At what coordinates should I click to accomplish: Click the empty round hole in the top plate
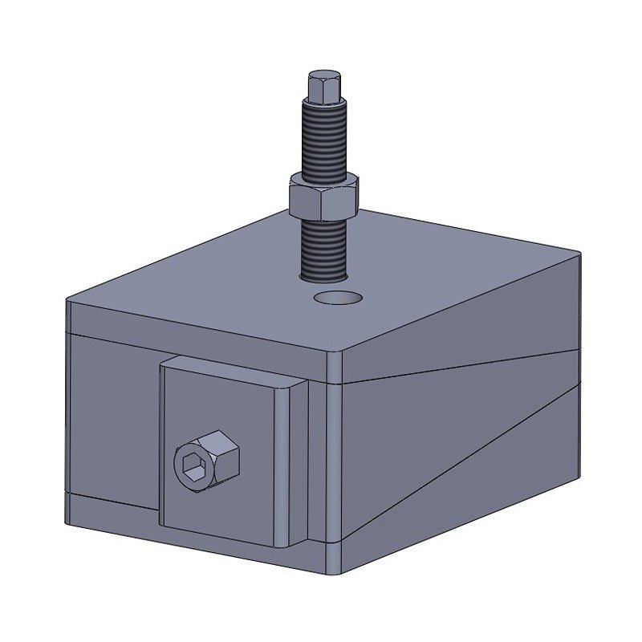pos(338,299)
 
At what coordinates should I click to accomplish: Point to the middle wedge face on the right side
pos(449,433)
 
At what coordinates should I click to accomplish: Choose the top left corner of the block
pos(67,302)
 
